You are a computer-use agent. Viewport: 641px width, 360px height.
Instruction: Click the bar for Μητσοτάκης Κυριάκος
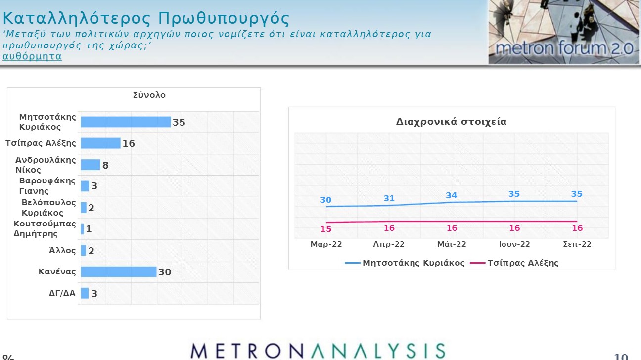pos(126,122)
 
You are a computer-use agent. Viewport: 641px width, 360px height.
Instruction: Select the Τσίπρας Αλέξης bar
pos(100,143)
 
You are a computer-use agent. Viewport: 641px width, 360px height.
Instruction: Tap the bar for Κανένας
pos(119,271)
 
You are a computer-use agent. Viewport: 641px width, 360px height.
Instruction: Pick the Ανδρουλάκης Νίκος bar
pos(91,165)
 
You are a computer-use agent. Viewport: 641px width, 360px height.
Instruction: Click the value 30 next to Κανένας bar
pos(165,272)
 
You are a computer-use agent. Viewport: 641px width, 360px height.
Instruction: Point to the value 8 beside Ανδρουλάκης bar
pos(105,165)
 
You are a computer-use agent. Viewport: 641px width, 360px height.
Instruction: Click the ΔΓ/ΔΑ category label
pos(62,293)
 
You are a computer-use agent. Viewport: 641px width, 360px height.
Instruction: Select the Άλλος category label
pos(62,250)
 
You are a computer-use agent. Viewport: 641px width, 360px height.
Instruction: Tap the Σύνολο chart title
pos(149,95)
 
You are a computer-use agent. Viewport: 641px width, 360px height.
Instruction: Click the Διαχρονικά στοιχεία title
pos(451,122)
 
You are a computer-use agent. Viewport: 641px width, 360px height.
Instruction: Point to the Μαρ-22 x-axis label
pos(326,244)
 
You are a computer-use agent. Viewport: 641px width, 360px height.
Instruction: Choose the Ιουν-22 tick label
pos(514,244)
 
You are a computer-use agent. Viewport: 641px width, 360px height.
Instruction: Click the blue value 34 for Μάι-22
pos(451,195)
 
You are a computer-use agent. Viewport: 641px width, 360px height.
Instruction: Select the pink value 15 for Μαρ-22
pos(326,229)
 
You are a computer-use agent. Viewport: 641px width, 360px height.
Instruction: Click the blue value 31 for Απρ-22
pos(389,198)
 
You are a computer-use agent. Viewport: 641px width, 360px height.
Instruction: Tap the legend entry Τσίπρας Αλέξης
pos(514,263)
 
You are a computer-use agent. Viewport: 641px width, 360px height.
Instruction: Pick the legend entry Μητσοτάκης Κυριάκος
pos(405,263)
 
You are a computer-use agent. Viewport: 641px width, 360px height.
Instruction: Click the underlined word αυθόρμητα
pos(32,56)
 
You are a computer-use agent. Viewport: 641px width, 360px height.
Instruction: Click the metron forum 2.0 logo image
pos(564,32)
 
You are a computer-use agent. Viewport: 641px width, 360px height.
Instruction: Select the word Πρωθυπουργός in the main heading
pos(224,19)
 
